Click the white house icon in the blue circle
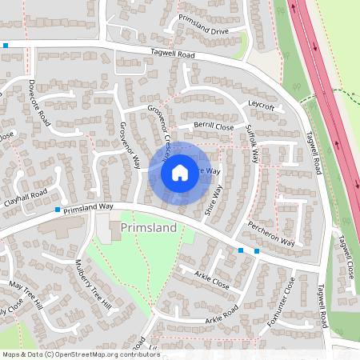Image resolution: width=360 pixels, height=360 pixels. click(180, 172)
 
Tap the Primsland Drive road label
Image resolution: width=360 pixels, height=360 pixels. click(203, 24)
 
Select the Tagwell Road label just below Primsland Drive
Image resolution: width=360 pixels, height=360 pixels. click(173, 54)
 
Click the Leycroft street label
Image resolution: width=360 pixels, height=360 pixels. click(262, 106)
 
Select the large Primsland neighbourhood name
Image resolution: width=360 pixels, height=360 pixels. click(148, 229)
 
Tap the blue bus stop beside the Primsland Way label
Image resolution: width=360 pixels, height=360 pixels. click(58, 210)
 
